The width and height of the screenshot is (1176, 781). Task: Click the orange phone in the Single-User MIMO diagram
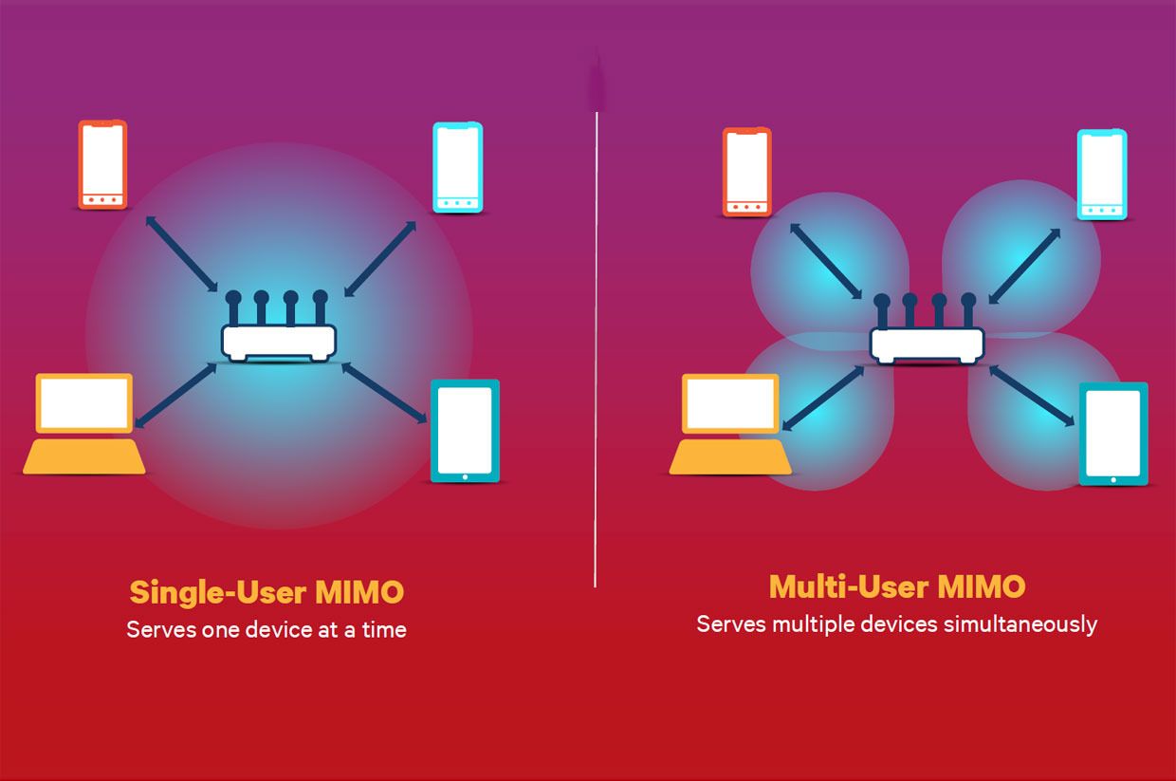[x=101, y=165]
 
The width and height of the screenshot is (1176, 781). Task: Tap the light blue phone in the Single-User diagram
[x=457, y=167]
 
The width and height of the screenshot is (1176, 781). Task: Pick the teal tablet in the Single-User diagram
[x=465, y=431]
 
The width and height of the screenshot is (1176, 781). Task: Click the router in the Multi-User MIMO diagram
[x=927, y=343]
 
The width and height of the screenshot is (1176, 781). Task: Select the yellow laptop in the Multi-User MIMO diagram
[x=731, y=424]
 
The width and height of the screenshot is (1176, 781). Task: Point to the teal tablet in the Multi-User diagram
[x=1112, y=434]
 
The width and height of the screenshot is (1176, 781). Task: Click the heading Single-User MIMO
[x=266, y=592]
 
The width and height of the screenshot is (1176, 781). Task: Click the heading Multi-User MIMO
[x=896, y=586]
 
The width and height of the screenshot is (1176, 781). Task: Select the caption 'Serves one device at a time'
[x=266, y=629]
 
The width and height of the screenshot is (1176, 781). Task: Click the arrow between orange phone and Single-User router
[x=181, y=252]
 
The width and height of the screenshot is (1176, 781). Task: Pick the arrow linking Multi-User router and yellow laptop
[x=823, y=399]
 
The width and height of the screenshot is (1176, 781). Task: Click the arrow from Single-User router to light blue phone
[x=380, y=258]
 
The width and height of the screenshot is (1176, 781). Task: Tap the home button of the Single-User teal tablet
[x=465, y=477]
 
